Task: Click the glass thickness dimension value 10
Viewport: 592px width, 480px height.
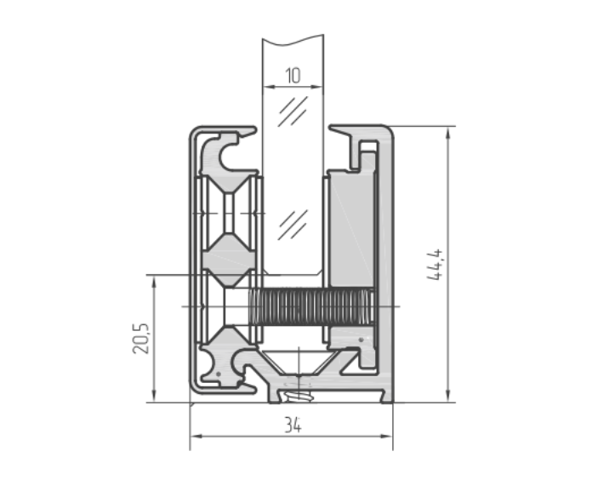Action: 293,76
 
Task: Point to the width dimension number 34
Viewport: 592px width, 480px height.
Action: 292,423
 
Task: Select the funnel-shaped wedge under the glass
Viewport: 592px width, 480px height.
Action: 293,361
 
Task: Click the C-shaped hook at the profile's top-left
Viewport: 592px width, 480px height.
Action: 231,152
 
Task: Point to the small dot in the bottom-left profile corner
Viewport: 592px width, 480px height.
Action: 219,373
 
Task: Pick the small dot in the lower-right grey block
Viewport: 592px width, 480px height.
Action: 362,340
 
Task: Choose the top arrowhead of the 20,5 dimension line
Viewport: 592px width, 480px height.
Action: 154,280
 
